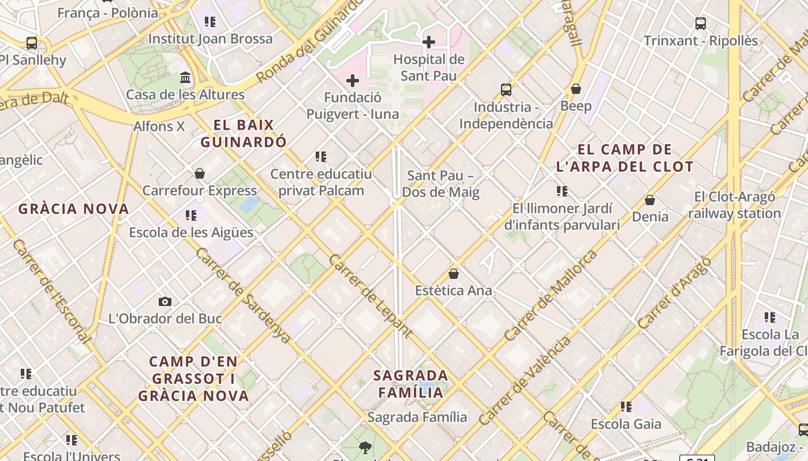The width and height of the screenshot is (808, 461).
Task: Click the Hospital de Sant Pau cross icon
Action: pyautogui.click(x=429, y=41)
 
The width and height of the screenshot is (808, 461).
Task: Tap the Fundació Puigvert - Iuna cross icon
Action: pyautogui.click(x=353, y=81)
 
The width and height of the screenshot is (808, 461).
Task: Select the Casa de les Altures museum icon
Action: pyautogui.click(x=185, y=77)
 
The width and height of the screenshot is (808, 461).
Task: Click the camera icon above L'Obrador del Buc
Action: pyautogui.click(x=165, y=301)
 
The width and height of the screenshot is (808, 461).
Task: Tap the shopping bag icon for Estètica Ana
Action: pyautogui.click(x=454, y=274)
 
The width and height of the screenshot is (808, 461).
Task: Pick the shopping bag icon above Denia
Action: pyautogui.click(x=650, y=200)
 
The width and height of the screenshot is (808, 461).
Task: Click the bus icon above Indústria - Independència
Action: pyautogui.click(x=506, y=90)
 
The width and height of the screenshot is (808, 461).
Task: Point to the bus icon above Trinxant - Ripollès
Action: pyautogui.click(x=701, y=24)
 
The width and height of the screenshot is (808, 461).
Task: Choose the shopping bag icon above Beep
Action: pyautogui.click(x=575, y=89)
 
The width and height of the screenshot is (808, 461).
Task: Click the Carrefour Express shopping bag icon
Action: pyautogui.click(x=200, y=173)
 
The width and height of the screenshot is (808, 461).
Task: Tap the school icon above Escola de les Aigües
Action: pyautogui.click(x=191, y=216)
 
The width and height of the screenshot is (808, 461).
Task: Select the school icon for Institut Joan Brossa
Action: pyautogui.click(x=210, y=22)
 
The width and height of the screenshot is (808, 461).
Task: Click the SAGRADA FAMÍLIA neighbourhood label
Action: pyautogui.click(x=411, y=384)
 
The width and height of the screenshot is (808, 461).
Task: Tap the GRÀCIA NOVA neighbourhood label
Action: pyautogui.click(x=73, y=209)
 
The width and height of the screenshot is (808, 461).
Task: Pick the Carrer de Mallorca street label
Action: pyautogui.click(x=550, y=295)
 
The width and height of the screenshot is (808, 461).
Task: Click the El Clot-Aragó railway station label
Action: pyautogui.click(x=735, y=205)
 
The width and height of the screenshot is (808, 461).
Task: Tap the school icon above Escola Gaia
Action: pyautogui.click(x=626, y=407)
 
